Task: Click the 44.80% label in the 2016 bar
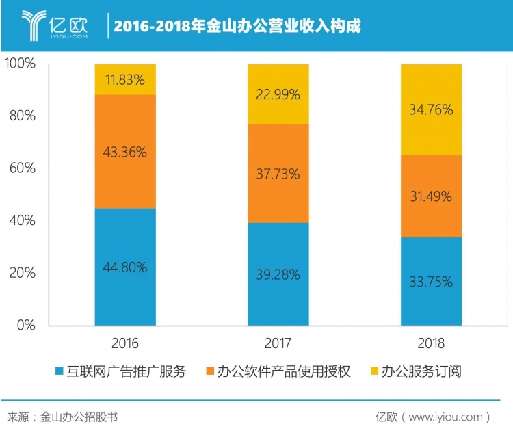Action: [x=126, y=267]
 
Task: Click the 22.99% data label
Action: [x=278, y=95]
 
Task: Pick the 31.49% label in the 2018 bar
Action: [x=431, y=196]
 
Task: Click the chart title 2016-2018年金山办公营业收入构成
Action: [x=237, y=26]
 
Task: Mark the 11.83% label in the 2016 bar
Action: [x=126, y=79]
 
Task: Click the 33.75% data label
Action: [x=431, y=281]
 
